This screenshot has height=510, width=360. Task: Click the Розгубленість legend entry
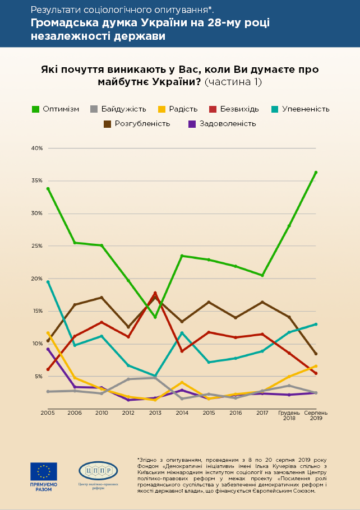click(137, 123)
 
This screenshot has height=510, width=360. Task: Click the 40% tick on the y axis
click(37, 149)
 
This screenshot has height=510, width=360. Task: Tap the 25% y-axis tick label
click(37, 246)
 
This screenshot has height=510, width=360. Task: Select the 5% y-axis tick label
click(38, 376)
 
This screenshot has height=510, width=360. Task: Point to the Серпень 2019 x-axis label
click(316, 415)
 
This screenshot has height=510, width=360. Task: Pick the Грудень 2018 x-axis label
click(289, 415)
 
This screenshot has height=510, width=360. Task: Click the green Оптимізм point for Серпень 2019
click(316, 172)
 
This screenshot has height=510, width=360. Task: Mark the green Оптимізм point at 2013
click(155, 318)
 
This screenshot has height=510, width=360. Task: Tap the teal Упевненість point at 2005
click(48, 282)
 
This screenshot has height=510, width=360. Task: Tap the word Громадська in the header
click(63, 23)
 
